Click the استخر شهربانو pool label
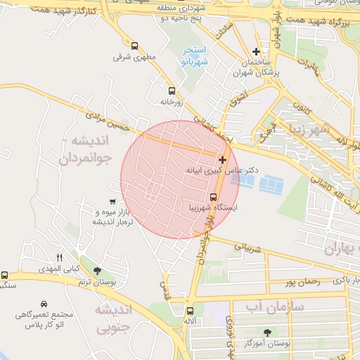pos(193,56)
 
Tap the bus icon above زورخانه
pos(172,91)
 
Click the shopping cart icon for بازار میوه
pos(112,202)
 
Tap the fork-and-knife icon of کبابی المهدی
pos(59,257)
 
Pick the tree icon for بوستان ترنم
pos(97,271)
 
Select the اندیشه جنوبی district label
pos(112,318)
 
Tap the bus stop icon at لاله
pos(189,311)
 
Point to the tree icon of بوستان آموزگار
pos(267,333)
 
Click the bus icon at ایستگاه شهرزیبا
pos(214,196)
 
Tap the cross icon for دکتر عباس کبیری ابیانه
pos(223,160)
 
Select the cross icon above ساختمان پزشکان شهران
pos(257,51)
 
